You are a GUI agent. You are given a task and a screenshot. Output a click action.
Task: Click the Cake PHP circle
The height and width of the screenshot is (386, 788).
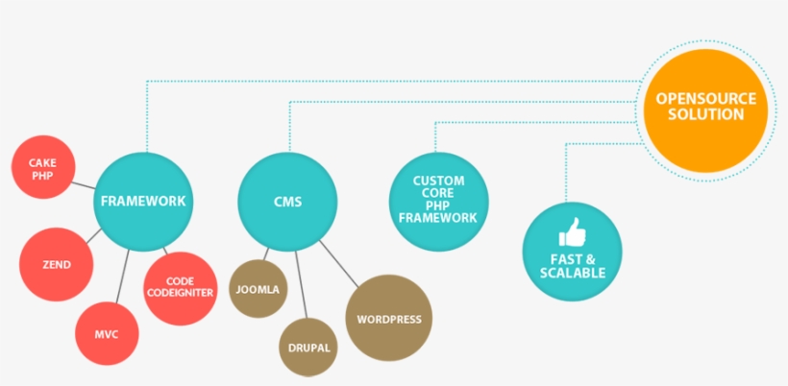[x=41, y=169]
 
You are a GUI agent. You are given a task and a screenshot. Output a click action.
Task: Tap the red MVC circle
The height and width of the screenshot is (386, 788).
[x=107, y=333]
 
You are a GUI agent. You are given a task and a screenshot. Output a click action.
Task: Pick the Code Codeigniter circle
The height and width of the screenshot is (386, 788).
[x=179, y=286]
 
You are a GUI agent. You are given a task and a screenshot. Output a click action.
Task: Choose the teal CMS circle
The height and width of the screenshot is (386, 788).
[x=287, y=202]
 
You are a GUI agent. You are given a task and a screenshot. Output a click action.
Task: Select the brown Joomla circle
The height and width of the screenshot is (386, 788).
[x=259, y=286]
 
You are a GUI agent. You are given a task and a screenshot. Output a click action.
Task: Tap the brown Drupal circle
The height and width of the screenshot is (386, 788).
[x=308, y=347]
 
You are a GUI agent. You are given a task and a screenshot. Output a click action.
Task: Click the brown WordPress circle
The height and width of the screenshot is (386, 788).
[x=388, y=319]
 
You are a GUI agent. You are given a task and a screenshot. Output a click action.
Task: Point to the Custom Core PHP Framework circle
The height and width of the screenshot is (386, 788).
[x=438, y=201]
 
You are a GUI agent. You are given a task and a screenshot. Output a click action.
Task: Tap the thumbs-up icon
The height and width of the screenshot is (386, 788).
[x=572, y=232]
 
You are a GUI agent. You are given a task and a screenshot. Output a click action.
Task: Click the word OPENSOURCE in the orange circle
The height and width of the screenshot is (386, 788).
[x=705, y=99]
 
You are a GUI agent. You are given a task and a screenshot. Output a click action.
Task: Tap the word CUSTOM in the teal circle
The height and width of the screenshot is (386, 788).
[x=438, y=181]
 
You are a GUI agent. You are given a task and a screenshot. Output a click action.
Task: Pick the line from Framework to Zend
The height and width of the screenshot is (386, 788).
[x=93, y=233]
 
